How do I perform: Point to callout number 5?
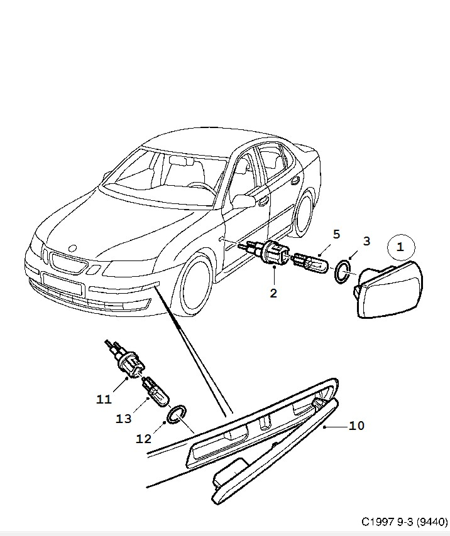336,234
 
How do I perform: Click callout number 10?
356,426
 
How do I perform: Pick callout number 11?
104,399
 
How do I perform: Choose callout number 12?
144,439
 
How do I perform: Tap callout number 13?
124,419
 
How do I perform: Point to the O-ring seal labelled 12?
177,414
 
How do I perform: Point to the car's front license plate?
63,284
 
